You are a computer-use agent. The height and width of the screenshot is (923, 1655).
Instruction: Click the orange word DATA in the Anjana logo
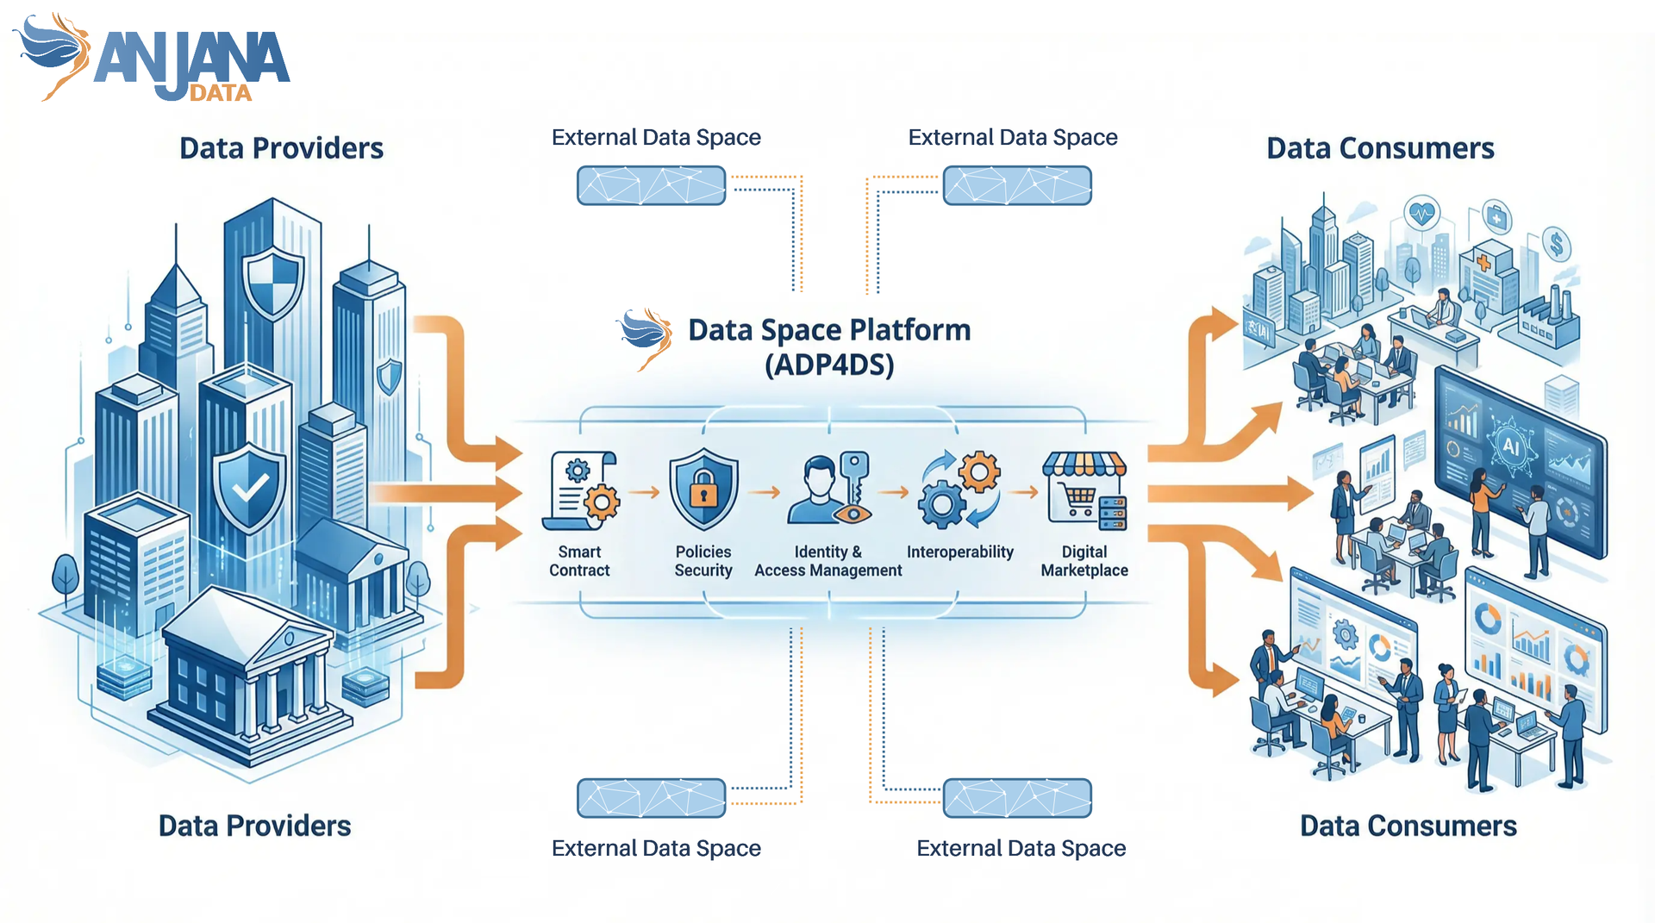coord(221,93)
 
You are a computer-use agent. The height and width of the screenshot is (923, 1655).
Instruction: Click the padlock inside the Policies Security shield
coord(704,490)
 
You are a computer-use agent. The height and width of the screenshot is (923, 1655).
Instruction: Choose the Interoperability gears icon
coord(960,490)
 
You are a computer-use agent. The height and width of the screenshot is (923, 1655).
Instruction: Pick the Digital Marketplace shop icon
coord(1084,490)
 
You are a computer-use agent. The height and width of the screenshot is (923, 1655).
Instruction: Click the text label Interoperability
coord(960,552)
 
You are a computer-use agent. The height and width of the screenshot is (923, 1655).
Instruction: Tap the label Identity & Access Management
coord(828,561)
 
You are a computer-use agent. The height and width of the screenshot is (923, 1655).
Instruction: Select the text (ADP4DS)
coord(829,365)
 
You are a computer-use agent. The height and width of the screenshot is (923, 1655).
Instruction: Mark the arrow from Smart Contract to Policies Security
coord(644,492)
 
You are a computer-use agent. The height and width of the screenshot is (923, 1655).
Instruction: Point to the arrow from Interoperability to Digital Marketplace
coord(1023,492)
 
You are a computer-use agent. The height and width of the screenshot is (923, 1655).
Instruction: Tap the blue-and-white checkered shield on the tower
coord(273,283)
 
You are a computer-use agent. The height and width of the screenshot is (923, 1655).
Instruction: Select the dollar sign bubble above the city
coord(1557,245)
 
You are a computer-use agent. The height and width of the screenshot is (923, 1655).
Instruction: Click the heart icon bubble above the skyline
coord(1422,212)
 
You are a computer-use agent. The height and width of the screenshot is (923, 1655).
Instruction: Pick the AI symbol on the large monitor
coord(1511,446)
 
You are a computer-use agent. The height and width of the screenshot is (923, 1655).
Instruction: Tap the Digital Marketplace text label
coord(1084,561)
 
